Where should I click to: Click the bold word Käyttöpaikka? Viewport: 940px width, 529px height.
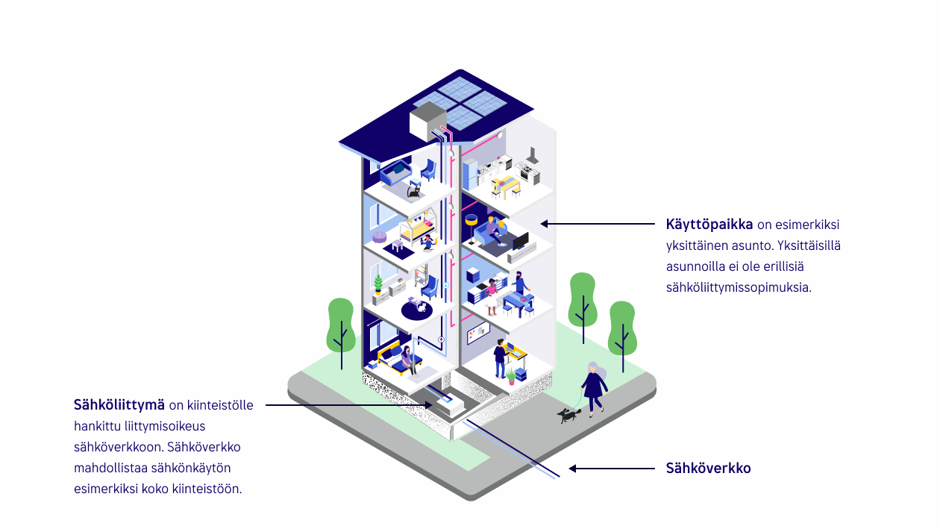(x=709, y=224)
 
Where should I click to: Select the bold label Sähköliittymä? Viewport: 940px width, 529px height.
(x=119, y=405)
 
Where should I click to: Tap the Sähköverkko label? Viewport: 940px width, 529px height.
(x=708, y=469)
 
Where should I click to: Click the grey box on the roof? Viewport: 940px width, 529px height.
(x=427, y=120)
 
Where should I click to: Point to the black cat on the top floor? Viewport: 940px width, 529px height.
(x=413, y=192)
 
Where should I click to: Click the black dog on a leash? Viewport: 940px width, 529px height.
(x=568, y=415)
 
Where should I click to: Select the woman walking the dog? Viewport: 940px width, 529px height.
(x=595, y=387)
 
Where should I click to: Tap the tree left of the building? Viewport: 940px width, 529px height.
(x=341, y=327)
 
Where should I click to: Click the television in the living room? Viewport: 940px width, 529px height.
(x=520, y=242)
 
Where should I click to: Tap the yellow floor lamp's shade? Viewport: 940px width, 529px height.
(x=471, y=220)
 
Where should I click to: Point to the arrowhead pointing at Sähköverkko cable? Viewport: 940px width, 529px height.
(x=572, y=469)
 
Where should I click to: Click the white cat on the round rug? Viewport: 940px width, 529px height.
(x=422, y=307)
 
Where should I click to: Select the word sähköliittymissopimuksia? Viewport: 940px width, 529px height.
(x=738, y=287)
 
